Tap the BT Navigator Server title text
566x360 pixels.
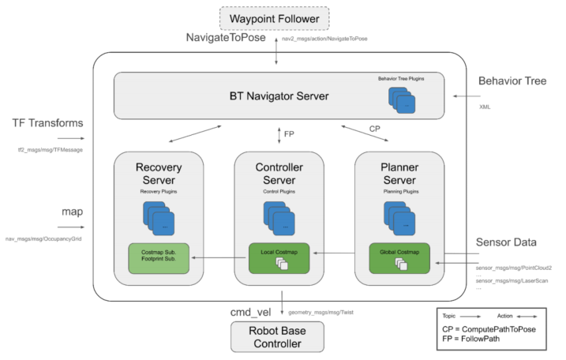click(279, 97)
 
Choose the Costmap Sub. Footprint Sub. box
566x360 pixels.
click(159, 257)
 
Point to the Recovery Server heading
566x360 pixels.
click(159, 174)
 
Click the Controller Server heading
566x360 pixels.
click(279, 174)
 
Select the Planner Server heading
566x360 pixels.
click(399, 174)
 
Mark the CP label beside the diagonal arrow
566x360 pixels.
click(374, 129)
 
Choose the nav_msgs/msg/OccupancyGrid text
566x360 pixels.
click(44, 238)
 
